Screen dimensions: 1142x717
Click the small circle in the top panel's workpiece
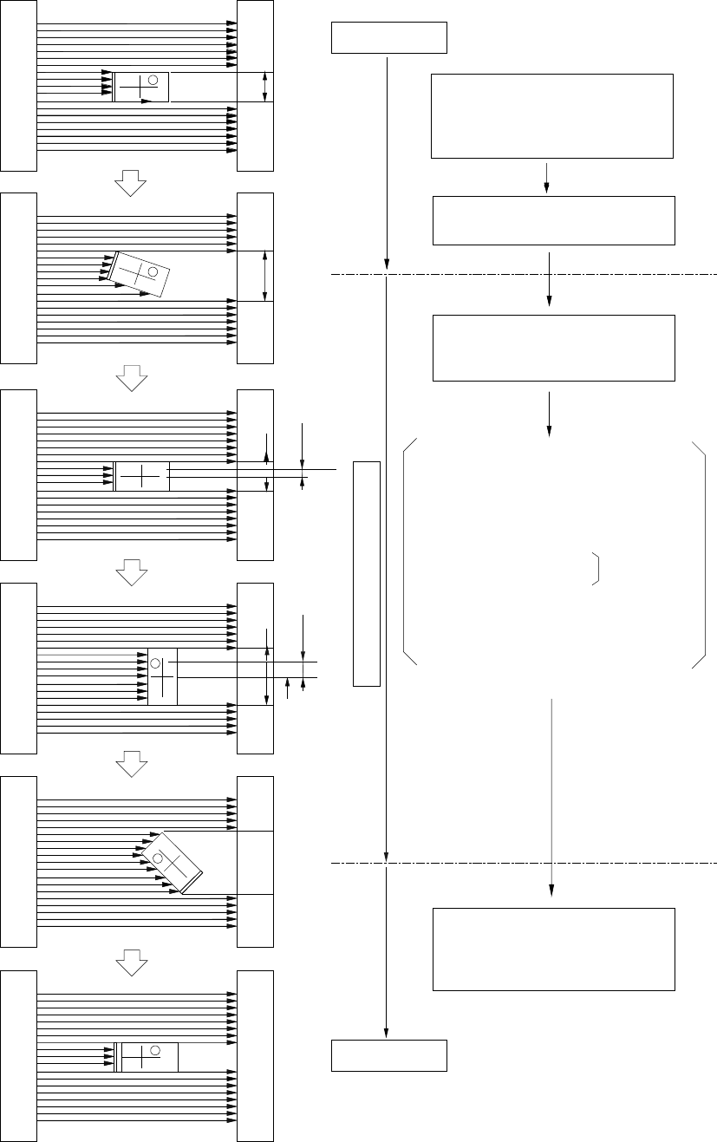point(153,80)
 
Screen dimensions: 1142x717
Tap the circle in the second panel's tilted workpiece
point(153,272)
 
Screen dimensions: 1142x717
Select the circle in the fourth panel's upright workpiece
point(156,663)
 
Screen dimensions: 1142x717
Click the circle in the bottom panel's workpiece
point(155,1051)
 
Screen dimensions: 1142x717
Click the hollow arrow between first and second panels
point(130,182)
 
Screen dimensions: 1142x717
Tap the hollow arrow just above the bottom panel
point(130,958)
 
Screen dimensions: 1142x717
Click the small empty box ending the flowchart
point(389,1055)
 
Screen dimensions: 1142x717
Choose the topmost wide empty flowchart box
point(552,116)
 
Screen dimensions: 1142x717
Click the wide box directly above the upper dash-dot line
point(553,220)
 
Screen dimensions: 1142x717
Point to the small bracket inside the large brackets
point(596,567)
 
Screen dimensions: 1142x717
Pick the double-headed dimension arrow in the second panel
point(265,276)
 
